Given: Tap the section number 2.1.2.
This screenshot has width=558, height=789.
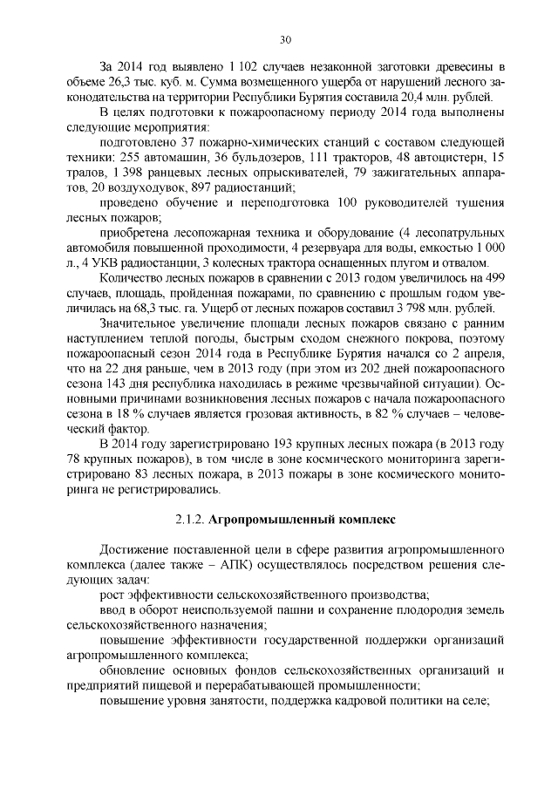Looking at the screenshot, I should (190, 521).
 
